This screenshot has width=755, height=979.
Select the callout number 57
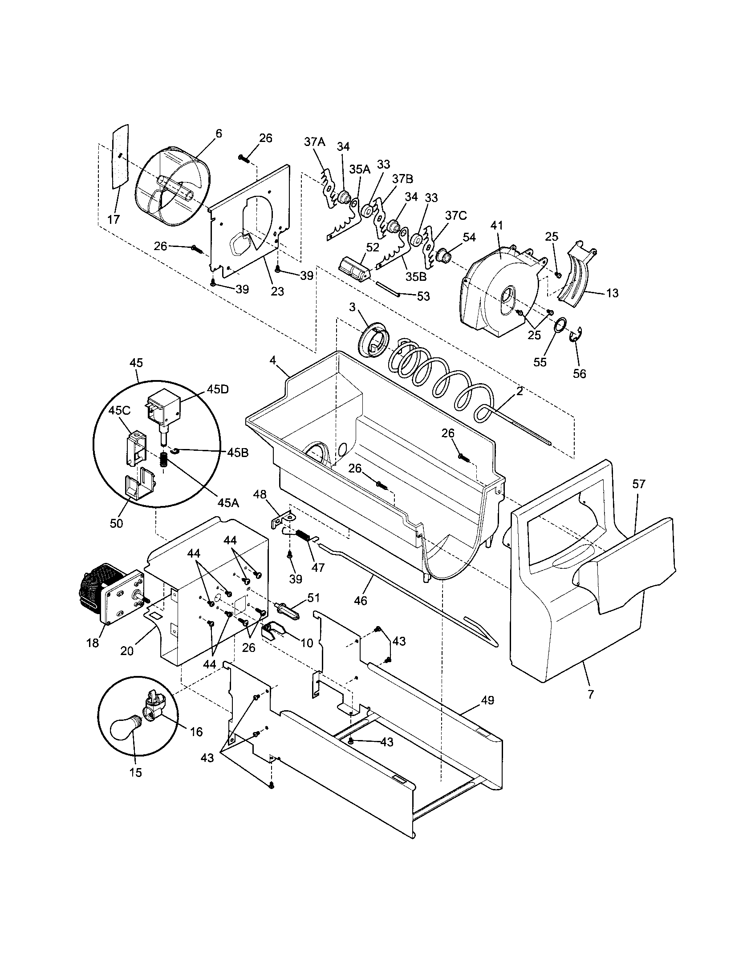pos(638,484)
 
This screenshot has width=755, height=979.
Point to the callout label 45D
pos(217,389)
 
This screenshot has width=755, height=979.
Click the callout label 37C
pos(456,216)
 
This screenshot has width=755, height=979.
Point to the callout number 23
pos(277,291)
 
